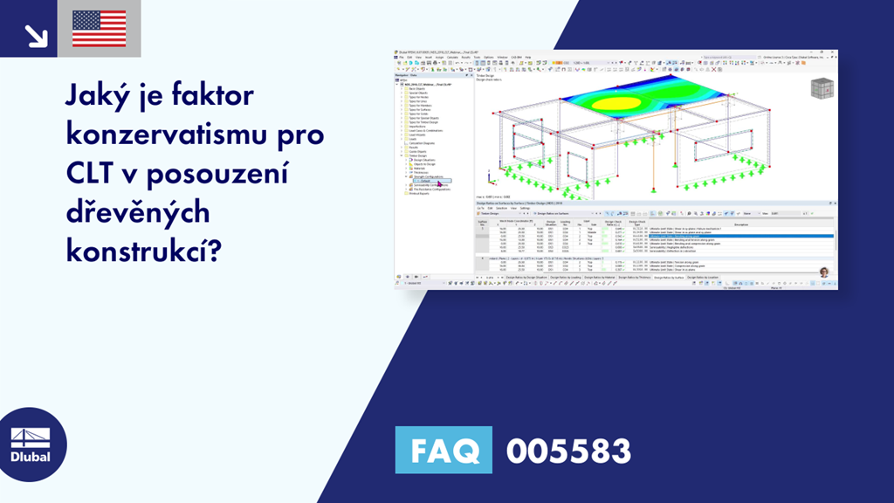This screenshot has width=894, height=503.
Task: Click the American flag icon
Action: coord(100,29)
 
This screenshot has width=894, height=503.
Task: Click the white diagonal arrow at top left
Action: coord(37,36)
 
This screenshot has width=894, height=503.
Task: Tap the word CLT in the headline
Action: coord(93,174)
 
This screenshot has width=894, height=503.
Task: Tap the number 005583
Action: coord(568,451)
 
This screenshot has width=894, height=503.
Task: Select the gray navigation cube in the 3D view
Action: coord(822,90)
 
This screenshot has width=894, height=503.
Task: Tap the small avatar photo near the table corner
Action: coord(823,272)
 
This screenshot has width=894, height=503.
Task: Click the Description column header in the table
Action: coord(741,224)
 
